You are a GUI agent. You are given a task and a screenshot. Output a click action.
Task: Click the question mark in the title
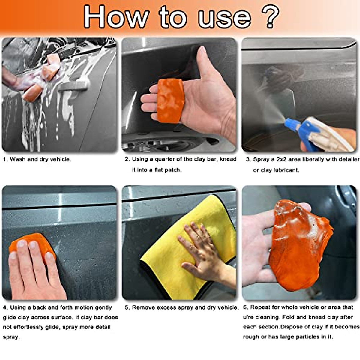click(x=270, y=16)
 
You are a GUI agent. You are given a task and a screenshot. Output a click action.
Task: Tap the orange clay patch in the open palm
click(x=170, y=101)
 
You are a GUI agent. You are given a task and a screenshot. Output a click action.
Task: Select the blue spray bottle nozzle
click(x=292, y=124)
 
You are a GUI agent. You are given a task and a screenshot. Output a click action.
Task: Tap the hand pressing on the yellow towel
click(x=204, y=253)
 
